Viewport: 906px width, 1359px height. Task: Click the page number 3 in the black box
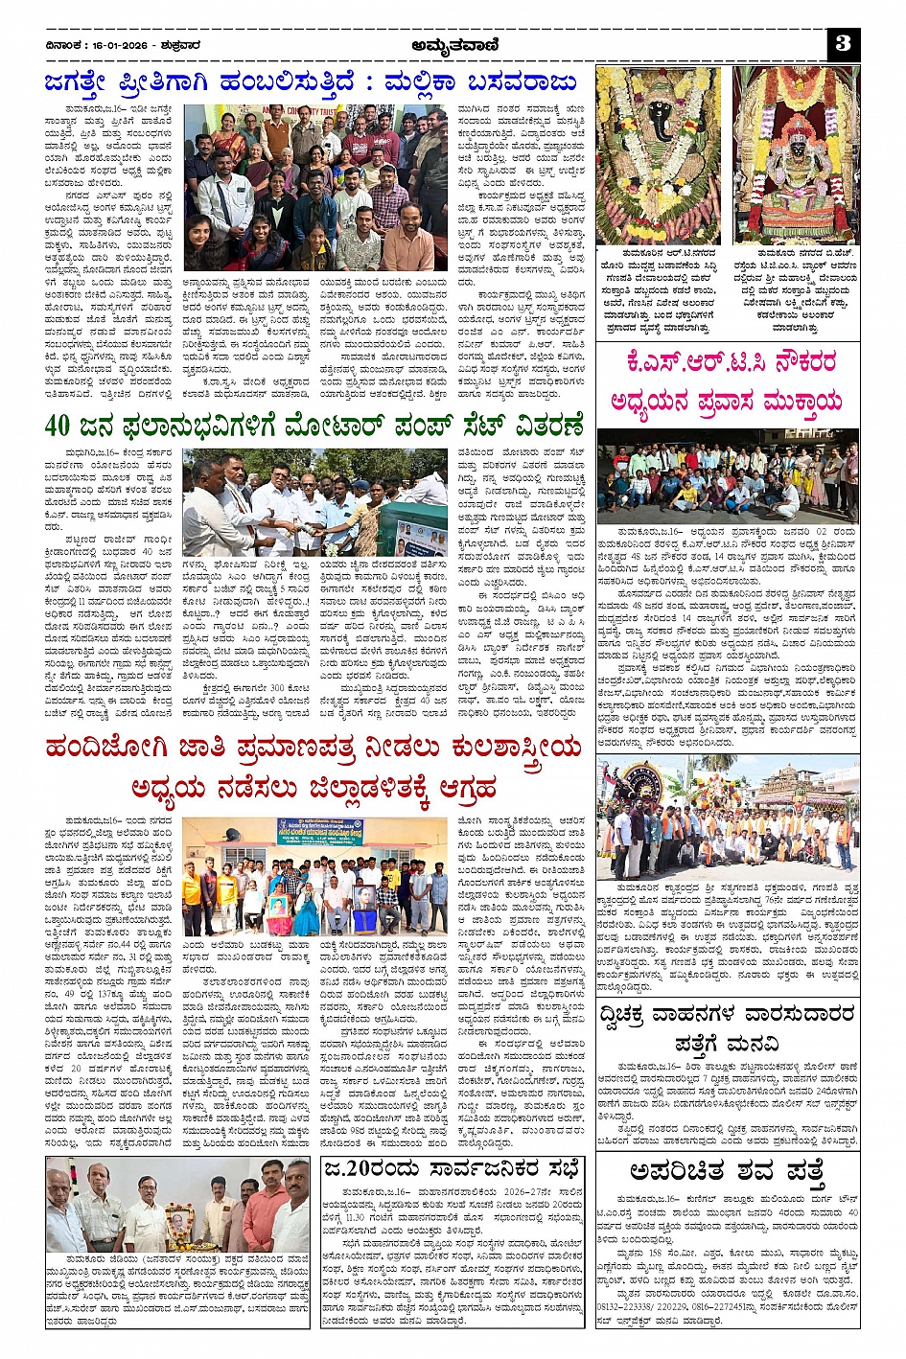click(843, 42)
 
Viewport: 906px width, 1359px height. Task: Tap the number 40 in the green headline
click(59, 425)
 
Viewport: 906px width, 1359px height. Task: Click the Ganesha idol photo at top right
click(658, 154)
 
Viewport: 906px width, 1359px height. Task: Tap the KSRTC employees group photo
click(728, 476)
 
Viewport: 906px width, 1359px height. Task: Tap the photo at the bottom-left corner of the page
click(177, 1205)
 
